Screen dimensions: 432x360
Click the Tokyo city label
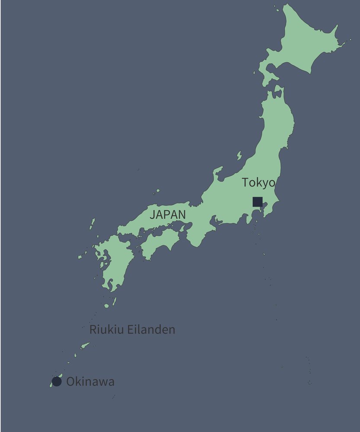(258, 182)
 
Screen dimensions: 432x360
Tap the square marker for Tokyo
(258, 202)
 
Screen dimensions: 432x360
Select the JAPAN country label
(168, 214)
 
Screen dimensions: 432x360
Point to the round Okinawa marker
(57, 381)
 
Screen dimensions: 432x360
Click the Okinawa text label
(90, 382)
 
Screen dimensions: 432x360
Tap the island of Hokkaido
(303, 43)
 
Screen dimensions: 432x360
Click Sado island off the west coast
(239, 155)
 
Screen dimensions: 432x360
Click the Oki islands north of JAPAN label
(156, 191)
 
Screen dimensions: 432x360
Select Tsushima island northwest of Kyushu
(92, 224)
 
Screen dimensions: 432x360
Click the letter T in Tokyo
(245, 182)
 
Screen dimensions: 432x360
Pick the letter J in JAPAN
(152, 214)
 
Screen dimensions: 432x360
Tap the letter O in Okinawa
(70, 382)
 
